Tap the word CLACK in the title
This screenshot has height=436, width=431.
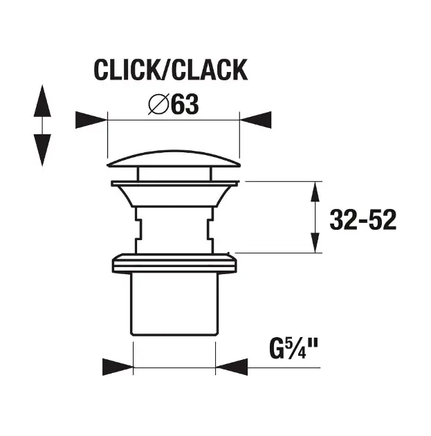(x=209, y=70)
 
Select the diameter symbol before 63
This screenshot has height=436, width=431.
(x=157, y=106)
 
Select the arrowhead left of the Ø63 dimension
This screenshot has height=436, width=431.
(x=91, y=120)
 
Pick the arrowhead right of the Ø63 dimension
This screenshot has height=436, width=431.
(x=255, y=120)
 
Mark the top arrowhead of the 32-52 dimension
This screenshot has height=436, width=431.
(x=315, y=194)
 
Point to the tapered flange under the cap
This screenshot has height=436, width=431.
(x=173, y=194)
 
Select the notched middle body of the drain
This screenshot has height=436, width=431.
(x=173, y=228)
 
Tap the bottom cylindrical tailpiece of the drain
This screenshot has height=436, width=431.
(x=173, y=305)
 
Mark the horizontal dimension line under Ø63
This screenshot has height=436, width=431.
(x=173, y=120)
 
